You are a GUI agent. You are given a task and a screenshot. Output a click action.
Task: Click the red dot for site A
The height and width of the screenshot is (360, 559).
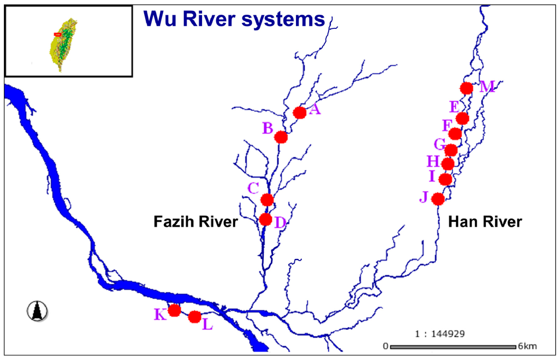click(299, 113)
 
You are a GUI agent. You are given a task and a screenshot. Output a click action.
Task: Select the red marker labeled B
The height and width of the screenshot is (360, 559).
click(281, 137)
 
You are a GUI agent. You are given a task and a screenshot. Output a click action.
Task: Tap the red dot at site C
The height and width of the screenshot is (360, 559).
click(267, 199)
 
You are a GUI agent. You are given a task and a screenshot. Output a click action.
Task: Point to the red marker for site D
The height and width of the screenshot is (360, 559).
click(265, 220)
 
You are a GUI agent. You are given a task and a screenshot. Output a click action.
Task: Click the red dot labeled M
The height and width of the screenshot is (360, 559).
click(466, 88)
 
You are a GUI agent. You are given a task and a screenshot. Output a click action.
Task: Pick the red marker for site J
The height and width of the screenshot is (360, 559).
click(438, 199)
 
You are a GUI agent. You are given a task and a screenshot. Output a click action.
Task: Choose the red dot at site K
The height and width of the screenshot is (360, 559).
click(174, 310)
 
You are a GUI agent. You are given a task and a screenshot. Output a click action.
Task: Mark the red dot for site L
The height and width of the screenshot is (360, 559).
click(194, 317)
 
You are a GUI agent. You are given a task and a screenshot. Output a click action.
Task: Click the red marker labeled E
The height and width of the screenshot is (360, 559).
click(462, 119)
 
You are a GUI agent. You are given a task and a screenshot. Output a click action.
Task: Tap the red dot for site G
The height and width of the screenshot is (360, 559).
click(451, 150)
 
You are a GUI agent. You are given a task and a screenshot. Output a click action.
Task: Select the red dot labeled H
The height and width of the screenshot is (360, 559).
click(448, 164)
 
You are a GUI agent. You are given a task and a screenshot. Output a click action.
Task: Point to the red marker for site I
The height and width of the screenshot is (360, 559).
click(445, 179)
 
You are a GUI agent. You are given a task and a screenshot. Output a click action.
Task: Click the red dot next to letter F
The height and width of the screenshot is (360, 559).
click(455, 134)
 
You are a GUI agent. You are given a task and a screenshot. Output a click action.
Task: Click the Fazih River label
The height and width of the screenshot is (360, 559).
click(195, 222)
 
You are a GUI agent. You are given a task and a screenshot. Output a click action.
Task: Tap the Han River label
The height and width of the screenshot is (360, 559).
click(485, 222)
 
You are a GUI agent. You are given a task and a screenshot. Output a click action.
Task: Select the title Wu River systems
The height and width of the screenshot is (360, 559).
click(234, 20)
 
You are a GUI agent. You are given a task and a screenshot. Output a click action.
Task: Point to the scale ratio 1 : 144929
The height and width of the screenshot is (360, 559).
click(437, 333)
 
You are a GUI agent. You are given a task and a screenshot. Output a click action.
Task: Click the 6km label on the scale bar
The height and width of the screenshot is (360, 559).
click(528, 346)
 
